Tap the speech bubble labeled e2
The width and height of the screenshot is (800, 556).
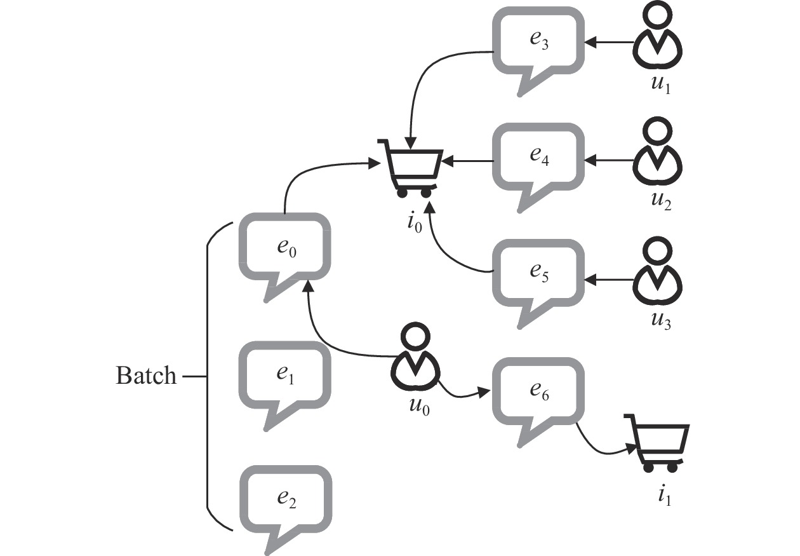285,499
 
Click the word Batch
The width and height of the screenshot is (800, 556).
145,376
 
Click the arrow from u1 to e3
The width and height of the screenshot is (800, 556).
610,43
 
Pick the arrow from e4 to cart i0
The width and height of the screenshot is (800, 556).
469,160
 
